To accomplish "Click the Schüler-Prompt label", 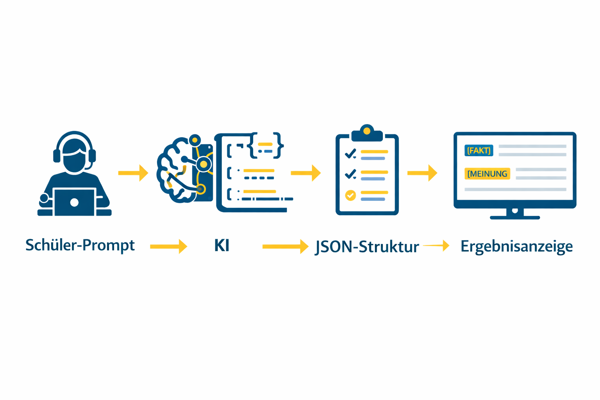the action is (x=80, y=245).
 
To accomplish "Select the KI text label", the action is (x=222, y=245).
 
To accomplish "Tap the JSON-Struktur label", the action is (x=367, y=247).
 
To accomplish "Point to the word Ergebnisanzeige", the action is (x=517, y=246).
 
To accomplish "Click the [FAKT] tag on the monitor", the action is (x=479, y=150).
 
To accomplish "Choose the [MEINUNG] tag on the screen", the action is (x=487, y=173).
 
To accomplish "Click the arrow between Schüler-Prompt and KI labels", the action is (x=168, y=246).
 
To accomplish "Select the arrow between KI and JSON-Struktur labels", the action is (x=286, y=246).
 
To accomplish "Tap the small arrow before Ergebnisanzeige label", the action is (x=436, y=245).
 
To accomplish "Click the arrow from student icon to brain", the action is (x=133, y=173).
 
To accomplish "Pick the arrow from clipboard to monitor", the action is (x=422, y=173).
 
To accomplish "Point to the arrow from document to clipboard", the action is (x=306, y=173).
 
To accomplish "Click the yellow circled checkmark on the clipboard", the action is (x=350, y=195).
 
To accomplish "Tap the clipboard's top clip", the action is (x=367, y=133).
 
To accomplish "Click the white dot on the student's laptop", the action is (x=74, y=203).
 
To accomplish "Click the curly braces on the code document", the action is (x=266, y=145).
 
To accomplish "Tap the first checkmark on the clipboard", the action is (x=351, y=154).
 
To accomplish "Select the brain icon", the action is (x=185, y=169).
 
